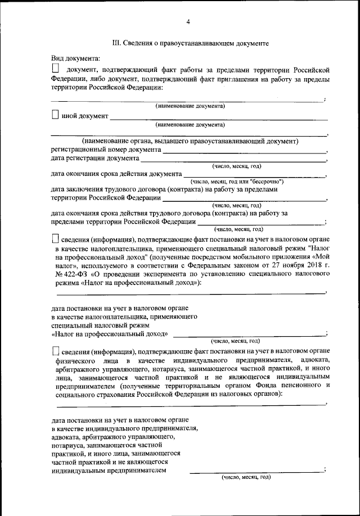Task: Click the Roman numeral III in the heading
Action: pos(116,43)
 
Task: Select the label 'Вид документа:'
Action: pos(75,58)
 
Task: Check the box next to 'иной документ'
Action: pos(55,115)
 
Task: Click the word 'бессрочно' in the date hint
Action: pos(265,182)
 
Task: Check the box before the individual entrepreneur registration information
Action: pos(55,350)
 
